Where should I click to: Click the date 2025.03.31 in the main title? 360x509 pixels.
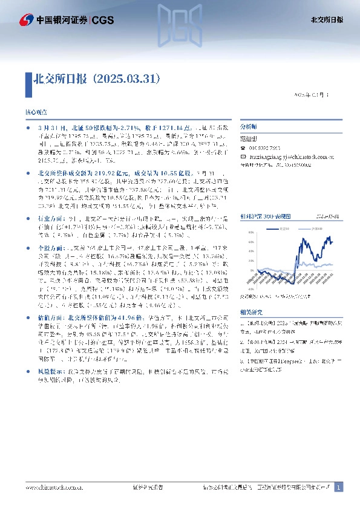point(129,79)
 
